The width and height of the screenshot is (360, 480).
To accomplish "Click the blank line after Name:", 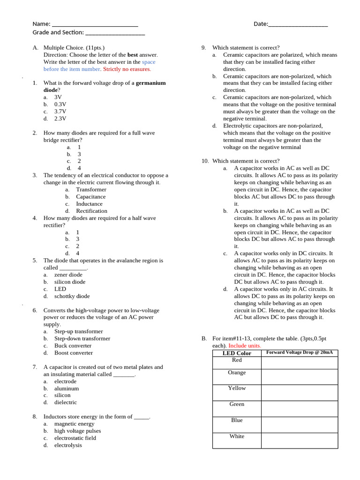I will point(95,24).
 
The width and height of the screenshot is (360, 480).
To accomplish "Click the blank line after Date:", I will point(298,24).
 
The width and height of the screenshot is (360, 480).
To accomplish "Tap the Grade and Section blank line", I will point(115,33).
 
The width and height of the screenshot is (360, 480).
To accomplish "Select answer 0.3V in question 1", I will point(60,105).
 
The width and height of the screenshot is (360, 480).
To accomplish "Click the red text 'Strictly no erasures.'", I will point(127,69).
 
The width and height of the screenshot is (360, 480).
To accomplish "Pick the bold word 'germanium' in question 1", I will point(150,83).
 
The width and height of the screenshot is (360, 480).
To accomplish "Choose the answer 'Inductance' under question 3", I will point(89,204).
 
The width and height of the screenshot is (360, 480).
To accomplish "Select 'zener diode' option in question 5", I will point(68,275).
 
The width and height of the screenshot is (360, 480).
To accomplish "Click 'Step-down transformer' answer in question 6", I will point(82,338).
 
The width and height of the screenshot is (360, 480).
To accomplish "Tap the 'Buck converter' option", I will point(73,345).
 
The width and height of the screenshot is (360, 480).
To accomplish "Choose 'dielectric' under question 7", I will point(65,402).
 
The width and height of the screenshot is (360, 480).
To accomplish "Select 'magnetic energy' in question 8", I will point(74,424).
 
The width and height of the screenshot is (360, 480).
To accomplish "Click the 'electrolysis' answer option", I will point(68,445).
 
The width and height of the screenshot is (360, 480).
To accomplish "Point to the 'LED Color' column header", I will point(237,353).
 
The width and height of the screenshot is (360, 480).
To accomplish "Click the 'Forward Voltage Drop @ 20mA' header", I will point(300,352).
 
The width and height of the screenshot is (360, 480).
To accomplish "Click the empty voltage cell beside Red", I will point(300,363).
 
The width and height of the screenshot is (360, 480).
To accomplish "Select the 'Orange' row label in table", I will point(237,373).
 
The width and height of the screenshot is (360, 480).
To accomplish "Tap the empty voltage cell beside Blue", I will point(300,425).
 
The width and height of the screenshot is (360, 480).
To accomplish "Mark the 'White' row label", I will point(237,436).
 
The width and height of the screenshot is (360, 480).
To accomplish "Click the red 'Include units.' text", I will point(245,345).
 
